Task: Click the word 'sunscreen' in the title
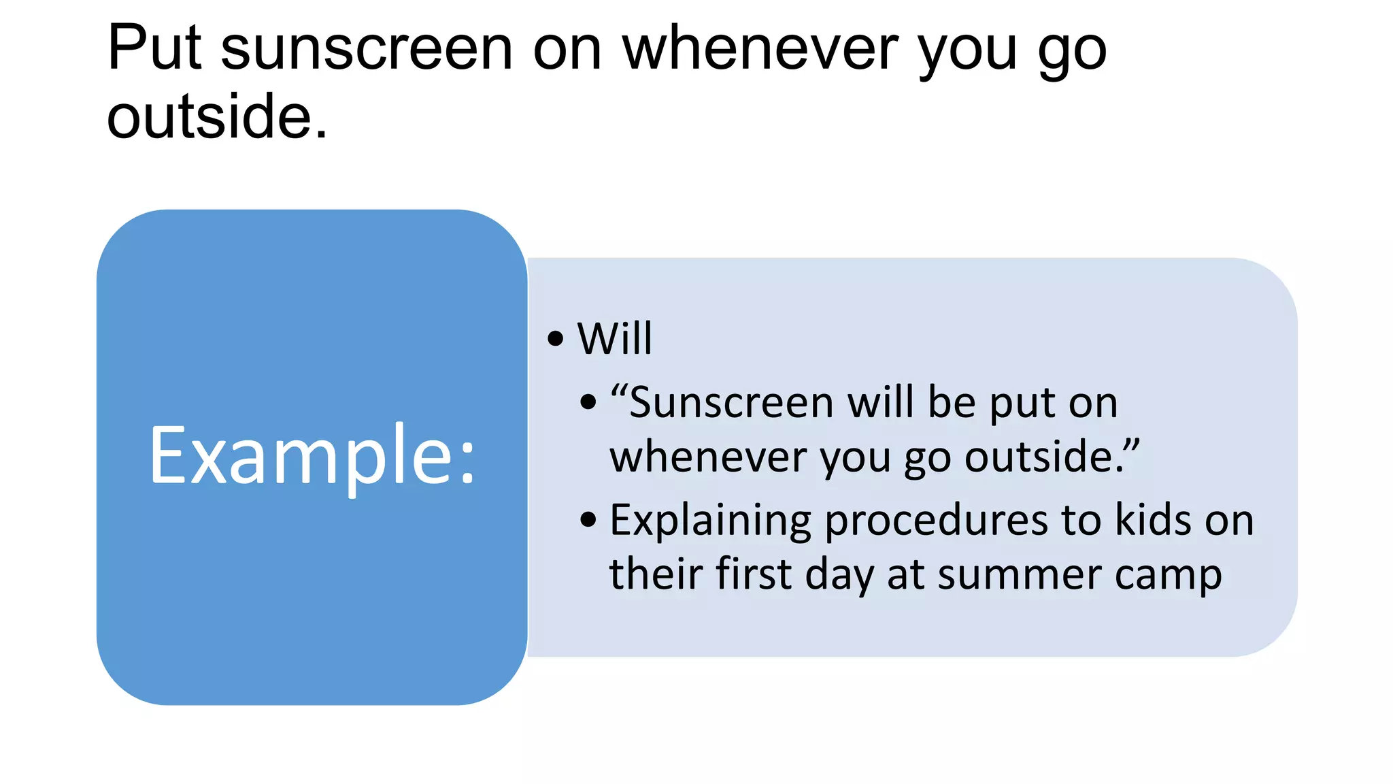(x=367, y=49)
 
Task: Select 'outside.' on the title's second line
(x=217, y=117)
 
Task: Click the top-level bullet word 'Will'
(x=614, y=338)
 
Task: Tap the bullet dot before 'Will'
(x=556, y=338)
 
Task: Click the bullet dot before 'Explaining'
(x=588, y=521)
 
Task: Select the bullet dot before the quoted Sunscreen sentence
(x=588, y=402)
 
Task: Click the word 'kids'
(x=1153, y=521)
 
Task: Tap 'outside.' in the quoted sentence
(x=1051, y=457)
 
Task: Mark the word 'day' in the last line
(x=839, y=575)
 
